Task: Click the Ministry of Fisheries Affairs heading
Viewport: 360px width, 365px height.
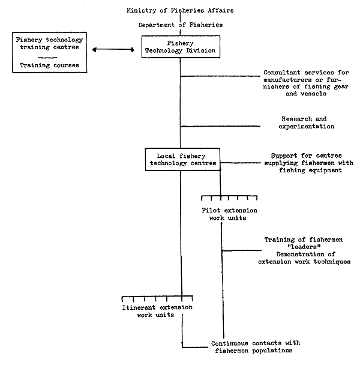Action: coord(180,11)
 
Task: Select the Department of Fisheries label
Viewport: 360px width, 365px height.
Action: coord(180,25)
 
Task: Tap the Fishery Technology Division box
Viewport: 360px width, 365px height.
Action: coord(180,47)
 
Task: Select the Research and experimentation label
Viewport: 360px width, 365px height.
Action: coord(307,122)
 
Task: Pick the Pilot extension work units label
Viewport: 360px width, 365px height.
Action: coord(230,214)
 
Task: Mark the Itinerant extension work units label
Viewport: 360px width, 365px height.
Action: coord(158,312)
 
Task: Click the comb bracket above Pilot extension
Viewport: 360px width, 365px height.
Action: coord(230,197)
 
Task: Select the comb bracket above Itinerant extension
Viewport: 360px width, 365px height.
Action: coord(157,298)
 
